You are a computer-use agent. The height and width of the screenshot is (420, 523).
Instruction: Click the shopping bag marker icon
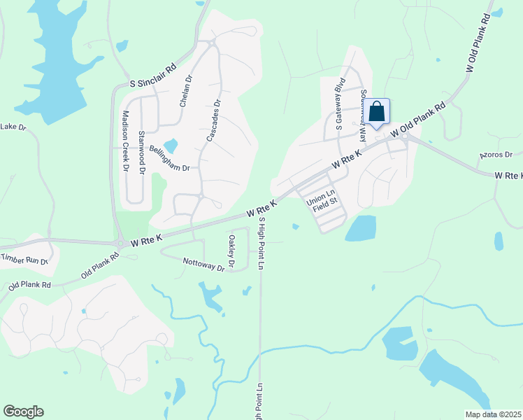376,111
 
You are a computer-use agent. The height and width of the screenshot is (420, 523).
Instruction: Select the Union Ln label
322,194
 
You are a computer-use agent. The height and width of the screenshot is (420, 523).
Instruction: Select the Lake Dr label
13,127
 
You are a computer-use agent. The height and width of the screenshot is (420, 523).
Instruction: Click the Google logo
23,412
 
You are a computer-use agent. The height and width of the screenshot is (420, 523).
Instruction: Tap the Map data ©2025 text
493,414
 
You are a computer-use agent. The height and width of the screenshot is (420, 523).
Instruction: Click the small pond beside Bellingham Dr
171,146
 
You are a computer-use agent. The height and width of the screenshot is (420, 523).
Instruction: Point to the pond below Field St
361,227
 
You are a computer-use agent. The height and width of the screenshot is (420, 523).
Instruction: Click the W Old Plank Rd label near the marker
418,120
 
